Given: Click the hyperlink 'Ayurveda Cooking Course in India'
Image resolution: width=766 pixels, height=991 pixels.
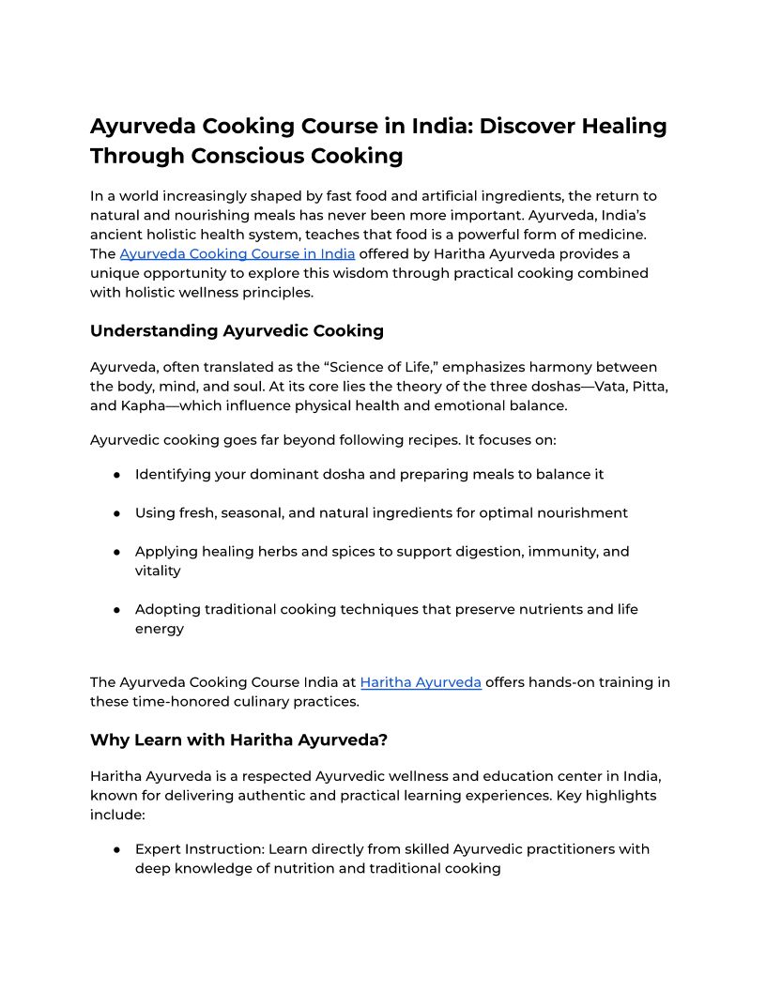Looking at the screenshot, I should point(237,253).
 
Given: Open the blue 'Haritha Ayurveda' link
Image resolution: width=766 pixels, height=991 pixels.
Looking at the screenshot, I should point(421,682).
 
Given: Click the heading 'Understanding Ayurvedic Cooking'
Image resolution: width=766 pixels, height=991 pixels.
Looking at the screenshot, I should point(237,330).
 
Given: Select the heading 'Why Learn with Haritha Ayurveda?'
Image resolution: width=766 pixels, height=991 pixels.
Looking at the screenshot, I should point(238,739).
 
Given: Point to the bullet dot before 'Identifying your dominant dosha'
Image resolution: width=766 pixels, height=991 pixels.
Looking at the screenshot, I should point(116,475).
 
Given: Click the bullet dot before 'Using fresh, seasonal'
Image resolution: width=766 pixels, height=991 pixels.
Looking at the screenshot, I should point(116,513).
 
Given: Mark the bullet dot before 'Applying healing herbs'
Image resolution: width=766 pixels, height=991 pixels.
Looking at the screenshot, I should point(116,552).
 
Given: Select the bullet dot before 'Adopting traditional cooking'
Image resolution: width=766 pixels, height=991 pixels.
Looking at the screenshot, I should point(116,610).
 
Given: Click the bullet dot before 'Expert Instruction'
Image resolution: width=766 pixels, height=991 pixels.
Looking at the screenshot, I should point(116,849).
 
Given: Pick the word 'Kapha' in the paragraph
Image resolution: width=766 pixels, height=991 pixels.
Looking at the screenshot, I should point(146,405).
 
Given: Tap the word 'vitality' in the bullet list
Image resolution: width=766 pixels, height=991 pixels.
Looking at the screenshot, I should point(158,571).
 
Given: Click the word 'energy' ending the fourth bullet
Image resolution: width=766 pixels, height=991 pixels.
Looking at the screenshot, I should point(160,629).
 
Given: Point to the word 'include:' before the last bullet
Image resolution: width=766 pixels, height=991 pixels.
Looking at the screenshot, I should point(117,815).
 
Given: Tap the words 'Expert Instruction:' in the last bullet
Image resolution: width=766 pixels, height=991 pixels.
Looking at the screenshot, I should point(199,849).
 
